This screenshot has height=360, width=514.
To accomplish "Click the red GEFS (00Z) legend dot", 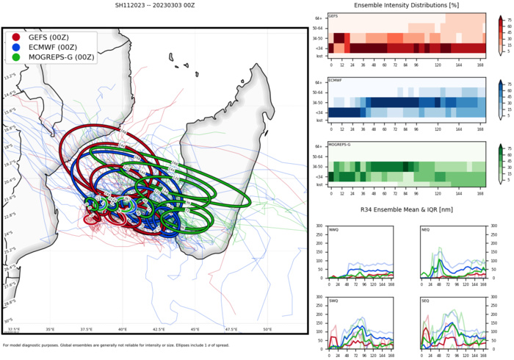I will (16, 37).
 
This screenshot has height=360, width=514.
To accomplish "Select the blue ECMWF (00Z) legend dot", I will (16, 47).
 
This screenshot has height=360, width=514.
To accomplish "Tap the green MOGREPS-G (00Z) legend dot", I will (16, 57).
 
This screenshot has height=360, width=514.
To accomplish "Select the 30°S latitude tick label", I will (8, 320).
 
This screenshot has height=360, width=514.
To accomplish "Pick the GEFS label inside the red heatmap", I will (333, 15).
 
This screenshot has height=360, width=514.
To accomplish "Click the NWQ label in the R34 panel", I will (334, 231).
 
